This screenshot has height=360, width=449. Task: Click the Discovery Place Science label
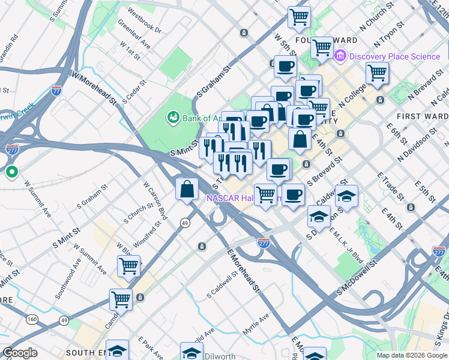point(394,56)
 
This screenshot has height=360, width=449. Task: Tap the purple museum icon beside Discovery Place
point(340,56)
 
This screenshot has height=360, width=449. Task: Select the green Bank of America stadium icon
point(173,116)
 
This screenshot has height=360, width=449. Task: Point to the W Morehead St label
point(94,88)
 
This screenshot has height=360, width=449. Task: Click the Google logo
point(19,353)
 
